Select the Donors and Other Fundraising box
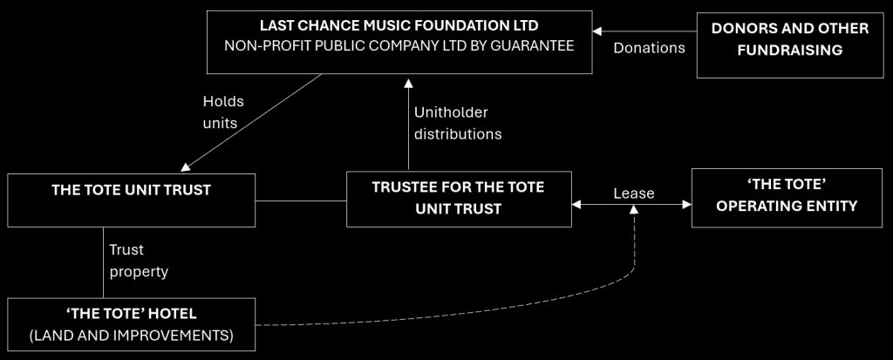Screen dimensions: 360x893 [x=789, y=39]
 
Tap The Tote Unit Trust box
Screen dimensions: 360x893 [x=131, y=201]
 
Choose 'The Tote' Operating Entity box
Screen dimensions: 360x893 [x=787, y=199]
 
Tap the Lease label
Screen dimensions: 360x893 [x=633, y=194]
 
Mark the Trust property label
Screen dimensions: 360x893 [x=138, y=261]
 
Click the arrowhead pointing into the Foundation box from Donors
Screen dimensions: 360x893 [x=597, y=31]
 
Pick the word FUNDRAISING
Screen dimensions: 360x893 [x=790, y=50]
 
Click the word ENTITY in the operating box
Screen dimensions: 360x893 [x=828, y=207]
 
